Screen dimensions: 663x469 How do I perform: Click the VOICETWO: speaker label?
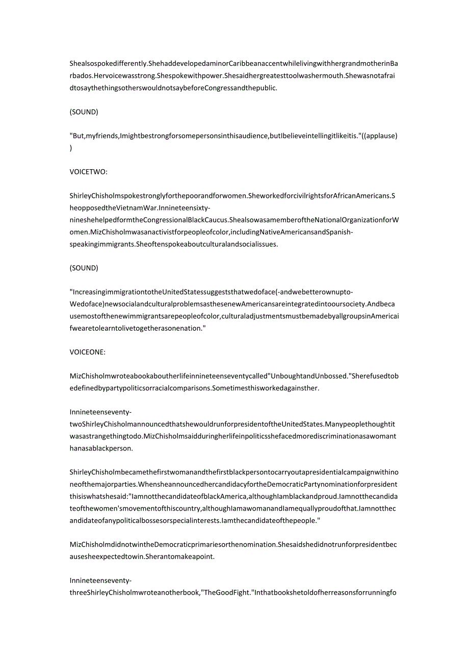pos(88,172)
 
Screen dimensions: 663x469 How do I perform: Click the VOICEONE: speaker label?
pos(87,352)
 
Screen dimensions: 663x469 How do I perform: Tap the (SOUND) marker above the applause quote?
pos(84,112)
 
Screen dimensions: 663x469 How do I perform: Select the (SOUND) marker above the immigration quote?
pos(84,268)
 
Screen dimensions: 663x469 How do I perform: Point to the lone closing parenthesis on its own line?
pos(71,148)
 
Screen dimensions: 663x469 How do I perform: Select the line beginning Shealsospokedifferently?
pos(234,64)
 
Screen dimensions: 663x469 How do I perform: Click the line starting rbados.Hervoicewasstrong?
pos(234,75)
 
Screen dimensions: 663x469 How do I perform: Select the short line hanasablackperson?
pos(100,448)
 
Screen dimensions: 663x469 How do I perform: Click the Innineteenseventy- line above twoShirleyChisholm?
pos(100,412)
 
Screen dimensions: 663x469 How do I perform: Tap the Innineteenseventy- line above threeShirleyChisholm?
pos(100,580)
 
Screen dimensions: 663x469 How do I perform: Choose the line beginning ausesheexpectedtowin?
pos(142,556)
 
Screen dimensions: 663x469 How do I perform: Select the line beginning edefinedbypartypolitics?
pos(194,388)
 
